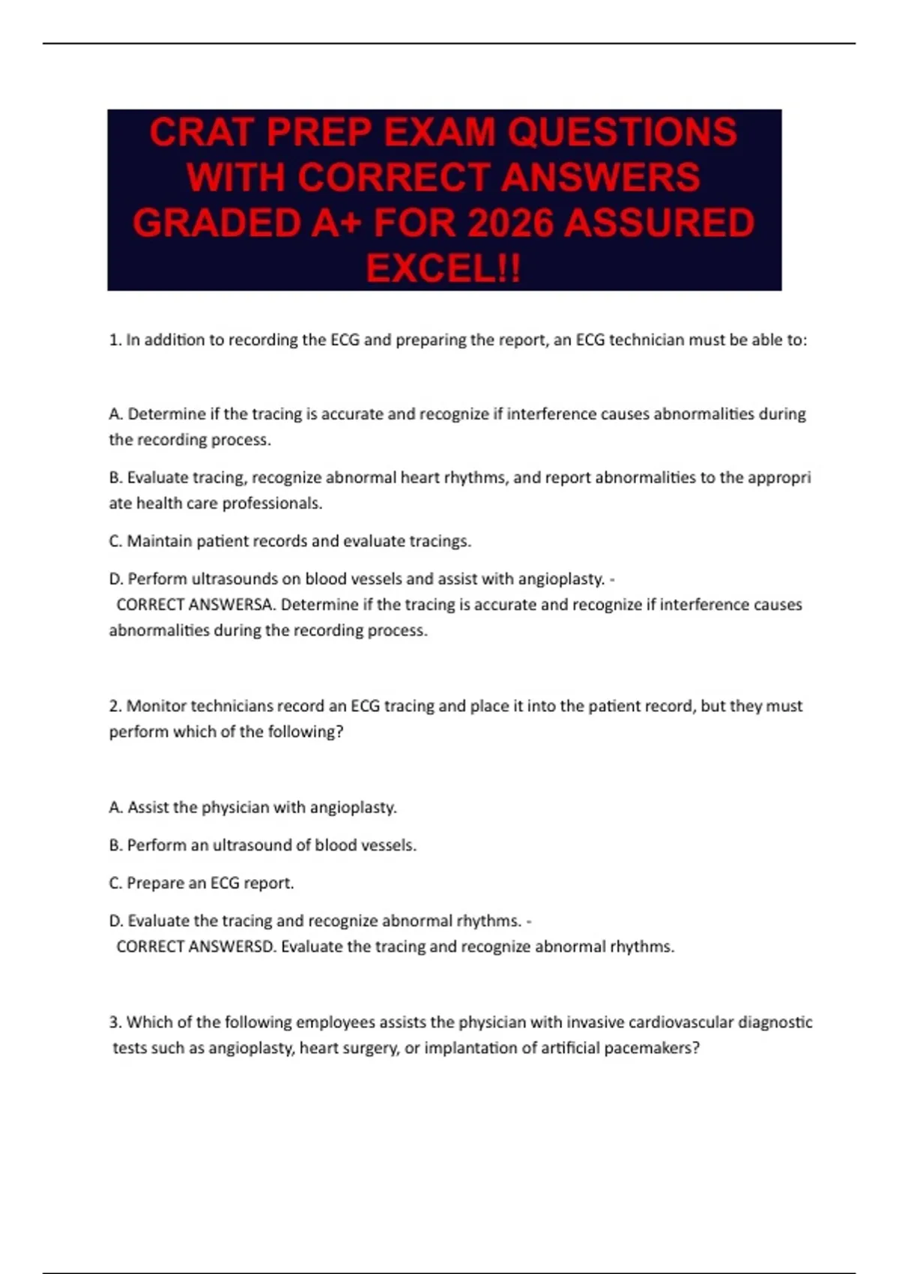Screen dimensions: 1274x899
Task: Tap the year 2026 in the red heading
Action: (x=510, y=223)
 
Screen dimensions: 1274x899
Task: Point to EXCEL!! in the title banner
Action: (x=443, y=268)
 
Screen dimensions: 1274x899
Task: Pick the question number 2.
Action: (x=115, y=706)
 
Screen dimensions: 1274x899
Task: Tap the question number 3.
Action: (x=115, y=1022)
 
